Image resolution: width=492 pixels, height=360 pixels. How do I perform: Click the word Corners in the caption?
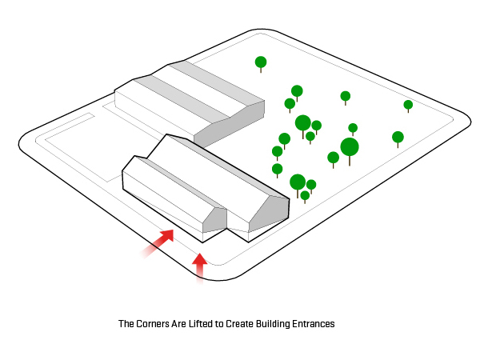150,324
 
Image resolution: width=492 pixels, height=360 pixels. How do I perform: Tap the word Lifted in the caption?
198,324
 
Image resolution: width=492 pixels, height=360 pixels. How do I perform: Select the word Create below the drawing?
242,324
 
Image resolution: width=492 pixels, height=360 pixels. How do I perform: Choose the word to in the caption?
220,324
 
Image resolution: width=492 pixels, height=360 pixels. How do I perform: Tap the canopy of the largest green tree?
350,146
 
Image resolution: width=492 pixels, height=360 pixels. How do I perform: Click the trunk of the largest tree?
350,161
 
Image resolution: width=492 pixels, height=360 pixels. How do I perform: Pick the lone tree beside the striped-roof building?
261,62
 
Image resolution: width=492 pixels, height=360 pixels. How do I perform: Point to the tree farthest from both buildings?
408,105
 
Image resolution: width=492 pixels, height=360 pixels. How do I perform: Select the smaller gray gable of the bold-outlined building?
214,219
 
